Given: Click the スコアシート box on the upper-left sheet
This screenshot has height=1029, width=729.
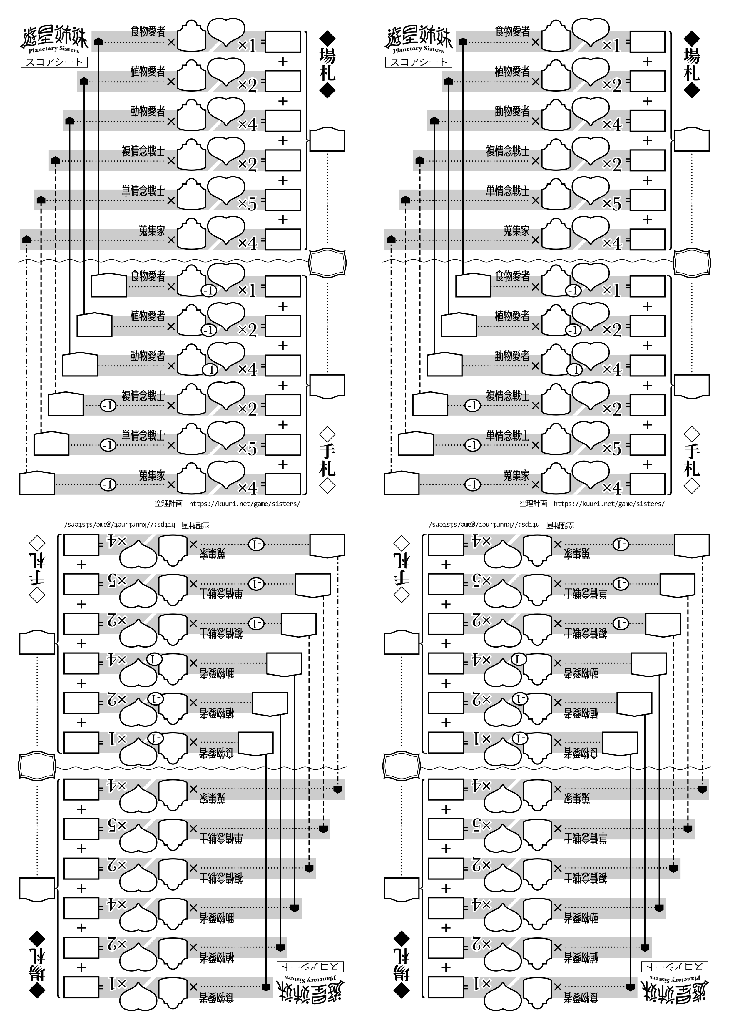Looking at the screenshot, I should point(54,62).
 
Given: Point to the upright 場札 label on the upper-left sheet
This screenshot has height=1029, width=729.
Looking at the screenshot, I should point(327,64).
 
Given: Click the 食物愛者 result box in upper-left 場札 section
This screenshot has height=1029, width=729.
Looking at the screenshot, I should point(283,42).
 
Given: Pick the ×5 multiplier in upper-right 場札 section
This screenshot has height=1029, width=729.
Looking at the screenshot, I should point(612,205).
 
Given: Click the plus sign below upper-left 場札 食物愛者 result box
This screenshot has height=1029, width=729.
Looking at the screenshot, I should point(283,62).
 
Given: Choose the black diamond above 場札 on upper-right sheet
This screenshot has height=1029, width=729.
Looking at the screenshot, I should point(692,38).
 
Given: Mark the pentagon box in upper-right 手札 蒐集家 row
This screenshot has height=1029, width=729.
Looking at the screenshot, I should point(401,483).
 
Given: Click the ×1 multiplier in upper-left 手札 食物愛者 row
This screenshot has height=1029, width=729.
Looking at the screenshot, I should point(247,290).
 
